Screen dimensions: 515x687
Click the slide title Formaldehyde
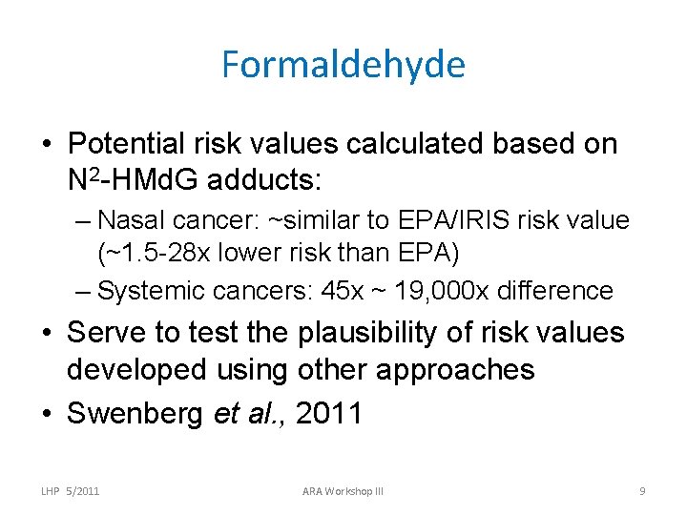(x=343, y=65)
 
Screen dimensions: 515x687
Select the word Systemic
(x=153, y=290)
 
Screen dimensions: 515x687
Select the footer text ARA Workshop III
(x=343, y=491)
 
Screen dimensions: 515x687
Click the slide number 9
(x=642, y=491)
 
